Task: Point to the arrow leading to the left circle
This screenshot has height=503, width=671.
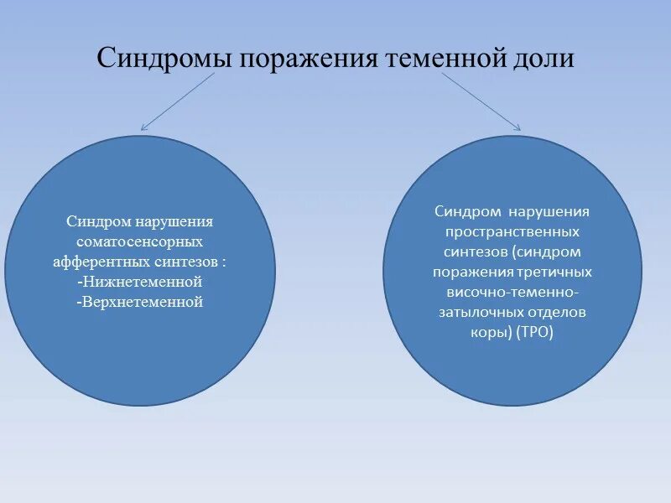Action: pyautogui.click(x=178, y=101)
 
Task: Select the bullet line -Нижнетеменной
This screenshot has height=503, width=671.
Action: pyautogui.click(x=139, y=282)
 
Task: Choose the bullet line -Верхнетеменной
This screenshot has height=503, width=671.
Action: pyautogui.click(x=139, y=302)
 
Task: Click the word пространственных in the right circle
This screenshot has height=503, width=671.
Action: pyautogui.click(x=512, y=231)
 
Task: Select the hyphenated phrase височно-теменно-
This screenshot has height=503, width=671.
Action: pyautogui.click(x=512, y=292)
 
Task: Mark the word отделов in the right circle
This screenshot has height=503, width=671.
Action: pyautogui.click(x=559, y=312)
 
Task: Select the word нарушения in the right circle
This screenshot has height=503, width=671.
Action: pyautogui.click(x=549, y=211)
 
